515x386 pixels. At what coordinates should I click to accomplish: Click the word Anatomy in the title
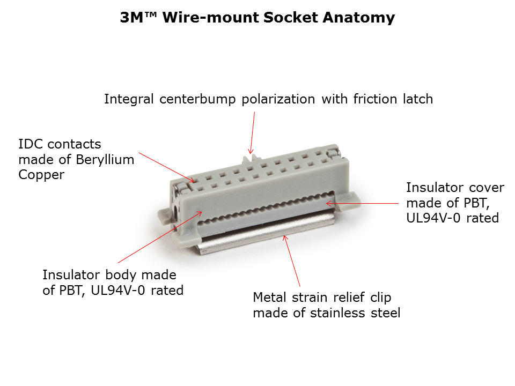tap(359, 18)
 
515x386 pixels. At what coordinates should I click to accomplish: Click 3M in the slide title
tap(132, 17)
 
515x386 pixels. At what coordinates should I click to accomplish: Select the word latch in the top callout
tap(418, 99)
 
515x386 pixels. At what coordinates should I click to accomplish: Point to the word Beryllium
tap(105, 160)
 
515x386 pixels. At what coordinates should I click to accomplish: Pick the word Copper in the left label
tap(41, 175)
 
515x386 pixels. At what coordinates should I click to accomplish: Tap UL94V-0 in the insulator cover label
tap(433, 218)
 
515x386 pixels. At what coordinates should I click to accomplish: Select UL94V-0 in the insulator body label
tap(117, 291)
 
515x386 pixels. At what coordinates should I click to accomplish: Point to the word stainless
tap(337, 313)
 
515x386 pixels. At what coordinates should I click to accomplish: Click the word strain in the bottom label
tap(310, 298)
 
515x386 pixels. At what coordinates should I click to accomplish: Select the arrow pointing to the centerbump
tap(252, 133)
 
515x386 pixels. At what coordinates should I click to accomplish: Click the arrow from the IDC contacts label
tap(166, 167)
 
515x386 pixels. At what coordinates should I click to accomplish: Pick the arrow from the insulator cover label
tap(362, 204)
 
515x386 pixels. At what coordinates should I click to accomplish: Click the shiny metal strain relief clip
tap(266, 235)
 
